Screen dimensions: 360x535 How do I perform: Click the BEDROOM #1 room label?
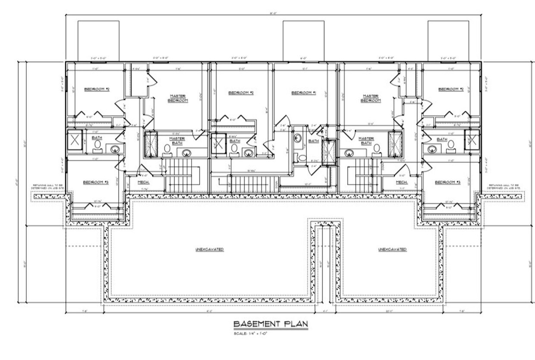[x=304, y=93]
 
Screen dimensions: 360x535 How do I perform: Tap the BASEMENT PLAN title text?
[x=271, y=324]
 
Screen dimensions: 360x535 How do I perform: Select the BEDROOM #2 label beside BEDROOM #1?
[x=241, y=93]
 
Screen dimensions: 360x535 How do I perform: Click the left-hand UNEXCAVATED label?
[x=210, y=249]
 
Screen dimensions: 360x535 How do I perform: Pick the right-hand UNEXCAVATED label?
[x=393, y=249]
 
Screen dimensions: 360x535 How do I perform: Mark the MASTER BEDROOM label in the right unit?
[x=371, y=98]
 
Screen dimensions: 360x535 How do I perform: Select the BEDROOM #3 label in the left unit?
[x=96, y=182]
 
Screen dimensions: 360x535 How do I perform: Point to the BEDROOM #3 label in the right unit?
[x=448, y=182]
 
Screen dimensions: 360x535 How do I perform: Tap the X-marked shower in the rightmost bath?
[x=472, y=139]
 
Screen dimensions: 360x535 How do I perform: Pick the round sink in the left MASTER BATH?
[x=187, y=153]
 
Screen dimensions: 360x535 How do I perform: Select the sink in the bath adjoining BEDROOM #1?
[x=298, y=138]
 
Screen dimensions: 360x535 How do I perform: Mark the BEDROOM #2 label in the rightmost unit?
[x=451, y=89]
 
